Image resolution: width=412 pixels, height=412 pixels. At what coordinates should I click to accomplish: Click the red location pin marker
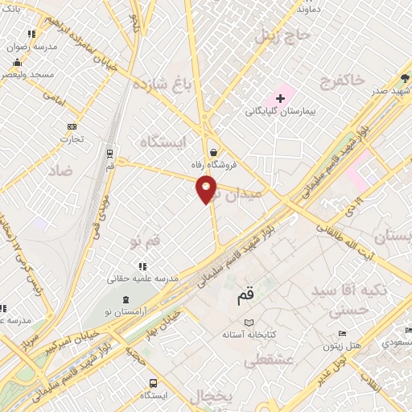click(x=207, y=189)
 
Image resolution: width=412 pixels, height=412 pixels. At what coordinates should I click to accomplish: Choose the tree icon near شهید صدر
click(x=405, y=78)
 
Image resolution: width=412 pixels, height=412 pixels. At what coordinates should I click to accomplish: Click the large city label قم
click(x=245, y=296)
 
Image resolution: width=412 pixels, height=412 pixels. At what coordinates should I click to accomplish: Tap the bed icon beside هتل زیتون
click(x=341, y=334)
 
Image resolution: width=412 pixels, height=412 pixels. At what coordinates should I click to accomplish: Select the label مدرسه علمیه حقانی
click(x=144, y=278)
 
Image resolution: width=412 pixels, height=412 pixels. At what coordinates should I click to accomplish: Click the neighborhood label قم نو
click(x=146, y=239)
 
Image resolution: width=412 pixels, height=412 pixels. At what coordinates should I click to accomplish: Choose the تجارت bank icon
click(x=73, y=126)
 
